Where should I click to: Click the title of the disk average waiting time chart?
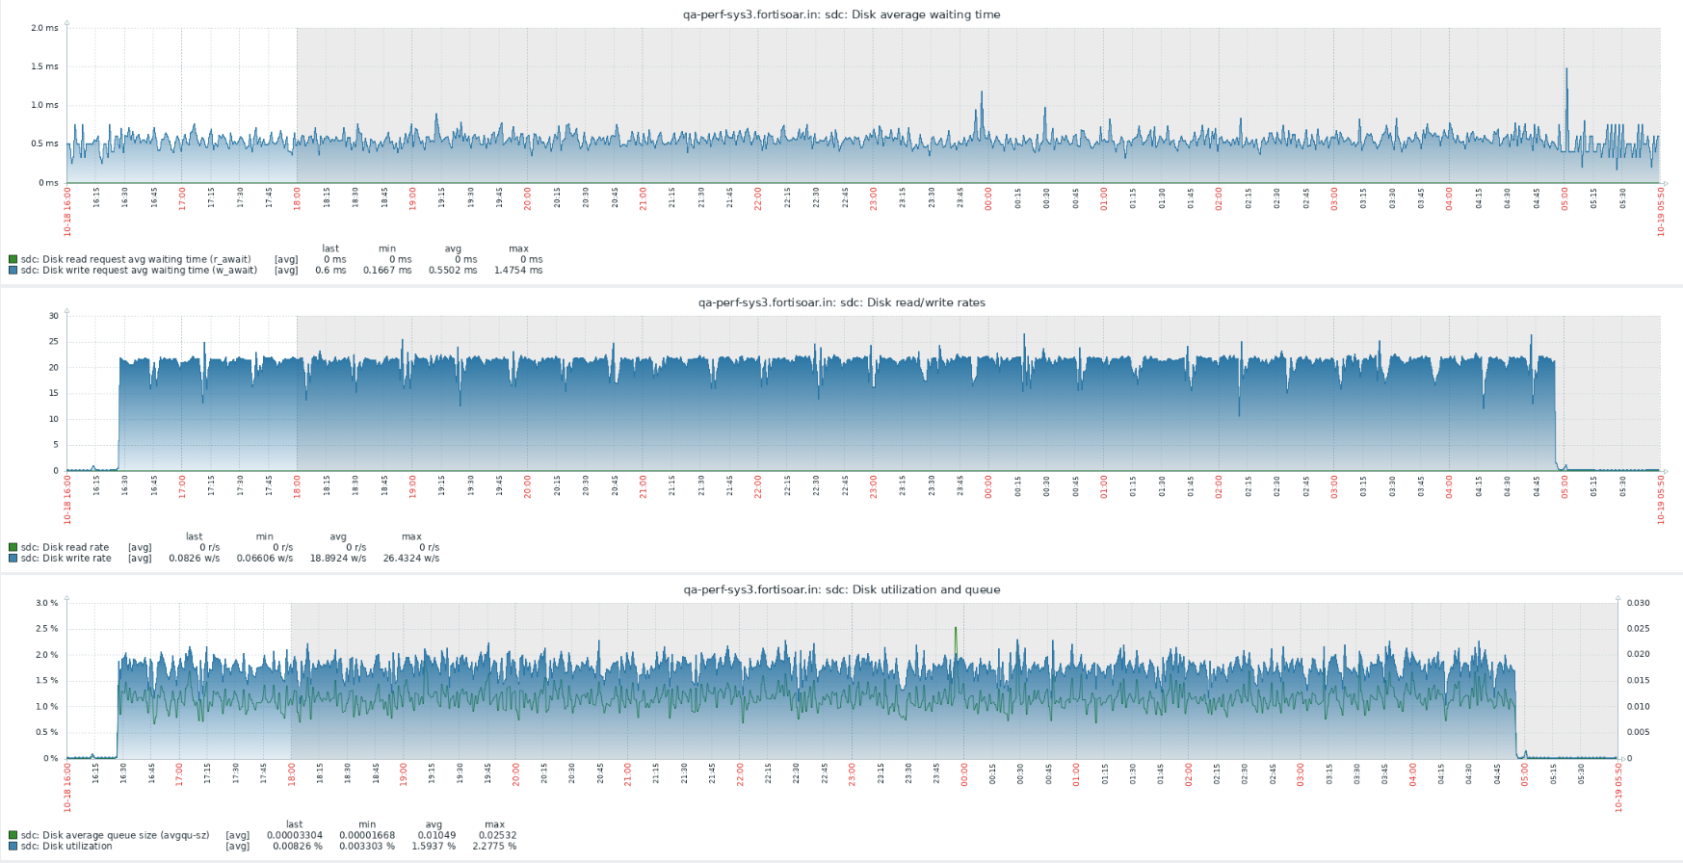tap(841, 14)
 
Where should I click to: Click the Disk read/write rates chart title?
tap(841, 302)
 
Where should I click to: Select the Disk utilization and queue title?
tap(841, 589)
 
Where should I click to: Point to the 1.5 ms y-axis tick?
tap(44, 66)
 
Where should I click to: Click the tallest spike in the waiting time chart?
tap(1566, 69)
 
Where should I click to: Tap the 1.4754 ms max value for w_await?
tap(518, 271)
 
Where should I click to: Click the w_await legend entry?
tap(139, 271)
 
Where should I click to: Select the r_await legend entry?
tap(135, 259)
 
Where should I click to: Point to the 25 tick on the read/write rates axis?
tap(53, 342)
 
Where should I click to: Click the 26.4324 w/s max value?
tap(411, 559)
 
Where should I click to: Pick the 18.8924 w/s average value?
tap(338, 559)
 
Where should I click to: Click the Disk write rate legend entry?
tap(66, 559)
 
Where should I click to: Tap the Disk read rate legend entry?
tap(65, 547)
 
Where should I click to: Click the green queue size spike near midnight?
tap(956, 629)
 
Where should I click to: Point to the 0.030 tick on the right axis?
tap(1638, 603)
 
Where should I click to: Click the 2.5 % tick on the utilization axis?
tap(46, 629)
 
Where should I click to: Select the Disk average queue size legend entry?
tap(115, 835)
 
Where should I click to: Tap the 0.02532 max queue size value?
tap(495, 835)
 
